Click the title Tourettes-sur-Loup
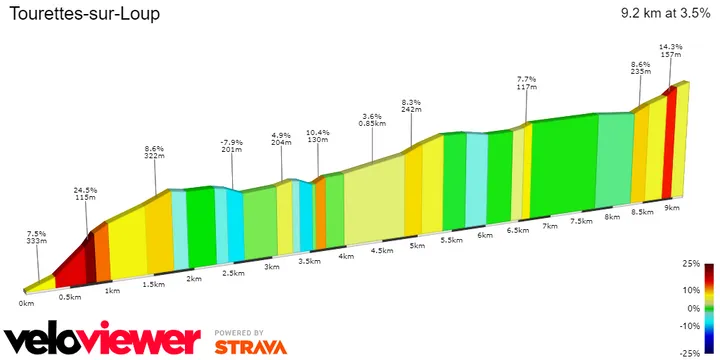tap(83, 15)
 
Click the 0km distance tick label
tap(26, 302)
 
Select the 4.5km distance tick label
tap(381, 251)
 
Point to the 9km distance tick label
tap(671, 208)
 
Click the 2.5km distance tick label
tap(233, 273)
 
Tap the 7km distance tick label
tap(549, 226)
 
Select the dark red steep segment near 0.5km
tap(90, 255)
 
